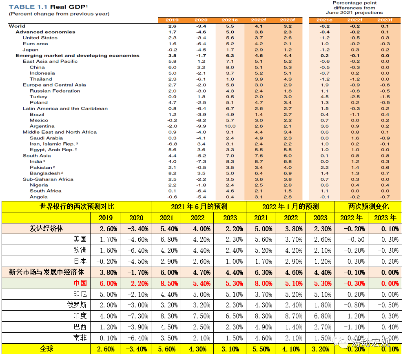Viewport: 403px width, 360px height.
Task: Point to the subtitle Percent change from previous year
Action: click(x=59, y=14)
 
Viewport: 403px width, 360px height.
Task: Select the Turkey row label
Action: click(x=38, y=97)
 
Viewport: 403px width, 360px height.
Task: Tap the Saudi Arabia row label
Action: click(x=46, y=138)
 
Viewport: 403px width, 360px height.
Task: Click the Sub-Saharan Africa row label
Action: click(x=48, y=179)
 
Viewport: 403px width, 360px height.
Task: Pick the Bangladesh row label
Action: click(x=45, y=173)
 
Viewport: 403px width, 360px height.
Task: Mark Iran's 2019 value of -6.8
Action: click(x=172, y=144)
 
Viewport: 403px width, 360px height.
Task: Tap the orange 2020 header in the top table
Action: click(x=201, y=20)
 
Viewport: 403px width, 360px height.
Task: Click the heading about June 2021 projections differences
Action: click(x=354, y=8)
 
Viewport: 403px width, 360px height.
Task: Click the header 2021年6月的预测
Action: click(x=199, y=206)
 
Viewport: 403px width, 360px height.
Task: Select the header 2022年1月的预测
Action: click(x=290, y=206)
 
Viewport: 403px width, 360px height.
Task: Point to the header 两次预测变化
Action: click(x=368, y=206)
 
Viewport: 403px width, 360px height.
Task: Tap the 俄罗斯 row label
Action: click(x=77, y=305)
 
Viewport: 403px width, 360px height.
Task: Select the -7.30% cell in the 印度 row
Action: click(x=136, y=316)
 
